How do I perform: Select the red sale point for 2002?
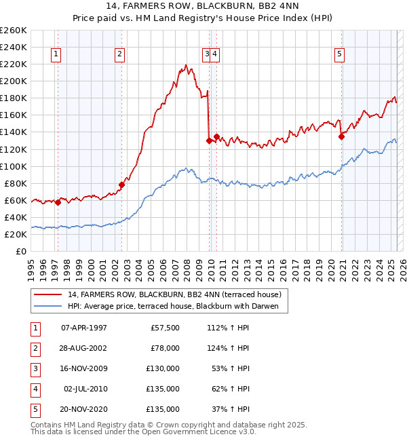122,185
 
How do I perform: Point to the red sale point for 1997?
58,202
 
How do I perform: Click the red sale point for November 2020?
341,136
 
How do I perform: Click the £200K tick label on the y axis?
13,81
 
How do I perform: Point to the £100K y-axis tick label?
13,166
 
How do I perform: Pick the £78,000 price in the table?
164,348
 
